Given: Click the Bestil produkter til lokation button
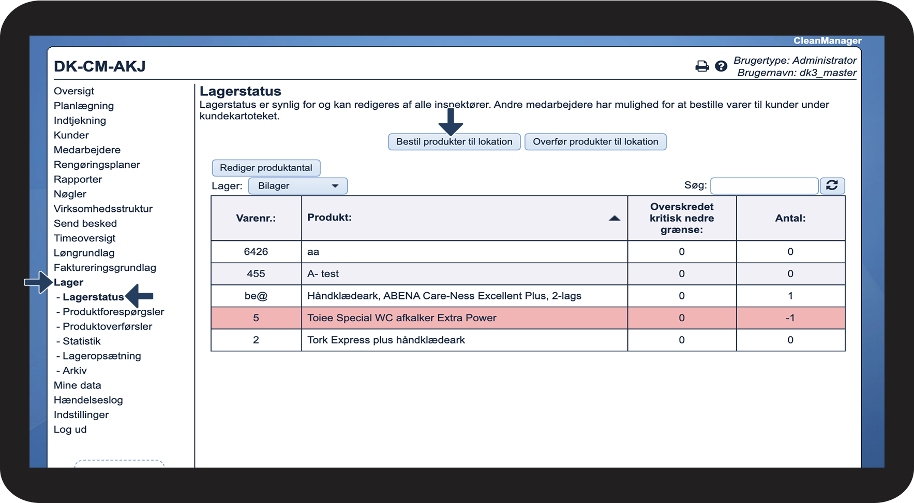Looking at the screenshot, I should pos(454,142).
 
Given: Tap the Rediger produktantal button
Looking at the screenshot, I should pos(266,168).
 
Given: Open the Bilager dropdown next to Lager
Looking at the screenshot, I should pos(298,186).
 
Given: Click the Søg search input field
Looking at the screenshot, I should pos(764,185).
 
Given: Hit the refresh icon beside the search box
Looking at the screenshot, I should pos(832,185).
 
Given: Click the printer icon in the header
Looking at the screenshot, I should pos(702,66).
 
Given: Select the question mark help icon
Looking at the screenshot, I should pos(721,66).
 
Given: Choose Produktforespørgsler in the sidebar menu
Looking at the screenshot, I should pos(113,312).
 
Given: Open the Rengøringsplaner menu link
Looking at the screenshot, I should pos(97,165).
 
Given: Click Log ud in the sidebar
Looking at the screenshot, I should pos(70,429).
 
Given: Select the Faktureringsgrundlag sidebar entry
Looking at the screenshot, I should pos(105,268).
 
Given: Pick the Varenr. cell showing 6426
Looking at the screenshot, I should pos(256,252).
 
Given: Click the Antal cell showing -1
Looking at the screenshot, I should pos(790,318).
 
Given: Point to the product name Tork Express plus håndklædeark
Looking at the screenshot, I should pos(386,340).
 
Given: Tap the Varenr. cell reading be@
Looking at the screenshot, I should pos(256,296).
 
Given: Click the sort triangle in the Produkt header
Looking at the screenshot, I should pos(615,218).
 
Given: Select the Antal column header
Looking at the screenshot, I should pos(790,218).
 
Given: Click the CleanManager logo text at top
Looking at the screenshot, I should pos(827,41).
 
